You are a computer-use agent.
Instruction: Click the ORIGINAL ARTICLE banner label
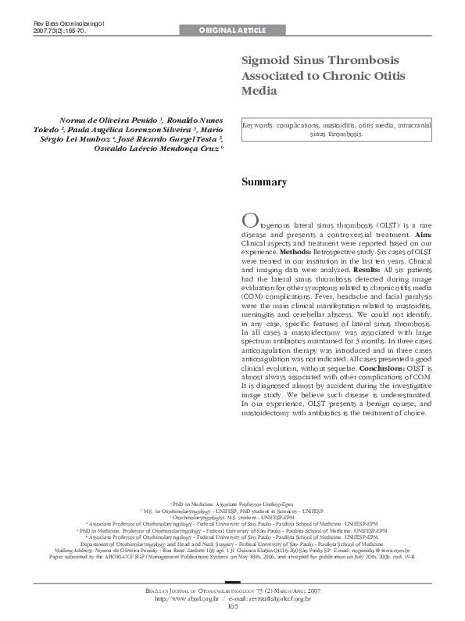pyautogui.click(x=232, y=31)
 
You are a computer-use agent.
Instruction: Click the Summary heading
pyautogui.click(x=263, y=182)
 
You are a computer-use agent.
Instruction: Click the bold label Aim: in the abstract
pyautogui.click(x=421, y=234)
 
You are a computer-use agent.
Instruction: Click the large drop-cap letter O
pyautogui.click(x=249, y=220)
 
